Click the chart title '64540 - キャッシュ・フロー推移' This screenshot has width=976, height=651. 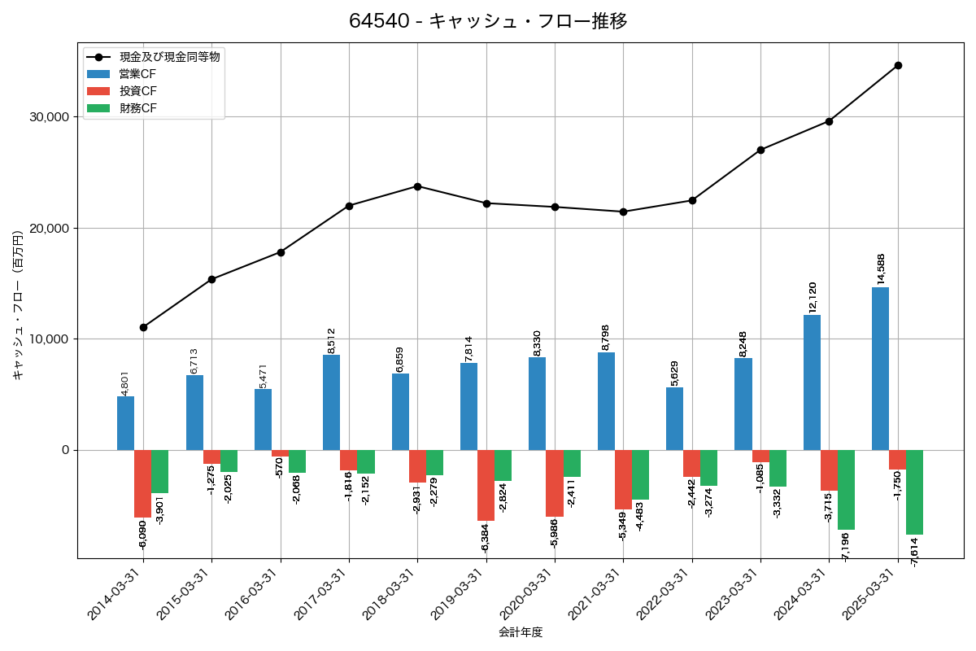point(488,21)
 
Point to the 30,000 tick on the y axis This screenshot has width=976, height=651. point(50,117)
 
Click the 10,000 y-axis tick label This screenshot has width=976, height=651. point(50,339)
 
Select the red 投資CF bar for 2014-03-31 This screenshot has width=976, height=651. point(142,483)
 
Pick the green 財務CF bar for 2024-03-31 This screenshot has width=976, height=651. point(846,490)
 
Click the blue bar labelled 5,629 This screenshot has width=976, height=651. point(674,418)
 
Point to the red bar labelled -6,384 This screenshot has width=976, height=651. point(486,485)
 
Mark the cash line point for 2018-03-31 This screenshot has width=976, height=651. point(417,186)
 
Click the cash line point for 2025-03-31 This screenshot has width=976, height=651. point(898,65)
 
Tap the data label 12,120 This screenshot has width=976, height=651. point(813,297)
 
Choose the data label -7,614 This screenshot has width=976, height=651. point(915,551)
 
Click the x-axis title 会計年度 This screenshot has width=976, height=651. point(521,632)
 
